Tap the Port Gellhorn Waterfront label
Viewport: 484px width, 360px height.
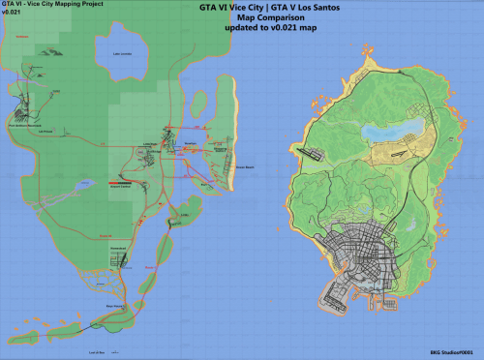[23, 126]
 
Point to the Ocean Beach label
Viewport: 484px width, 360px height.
[245, 166]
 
